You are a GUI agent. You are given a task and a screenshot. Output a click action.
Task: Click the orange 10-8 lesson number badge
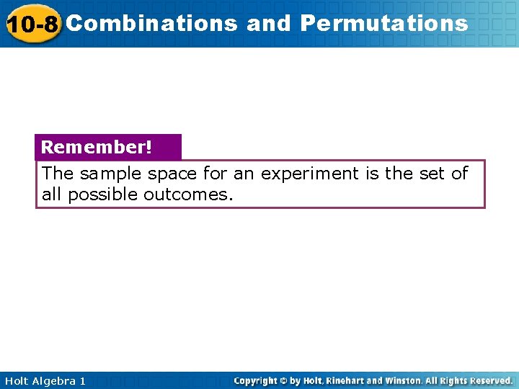click(32, 24)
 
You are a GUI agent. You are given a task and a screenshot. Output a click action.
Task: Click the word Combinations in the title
click(151, 23)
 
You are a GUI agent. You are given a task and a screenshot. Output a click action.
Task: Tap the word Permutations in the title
click(384, 23)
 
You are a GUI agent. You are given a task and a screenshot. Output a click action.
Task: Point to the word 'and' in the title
click(268, 23)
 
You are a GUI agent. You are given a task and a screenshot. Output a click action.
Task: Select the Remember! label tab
click(97, 147)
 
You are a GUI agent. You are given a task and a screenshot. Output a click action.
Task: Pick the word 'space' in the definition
click(172, 174)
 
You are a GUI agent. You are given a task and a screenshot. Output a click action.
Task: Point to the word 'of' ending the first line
click(460, 174)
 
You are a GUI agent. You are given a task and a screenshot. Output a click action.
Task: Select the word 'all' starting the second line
click(52, 194)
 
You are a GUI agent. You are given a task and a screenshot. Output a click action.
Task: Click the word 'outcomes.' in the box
click(189, 194)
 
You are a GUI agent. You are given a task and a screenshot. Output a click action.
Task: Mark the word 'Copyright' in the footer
click(257, 380)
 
